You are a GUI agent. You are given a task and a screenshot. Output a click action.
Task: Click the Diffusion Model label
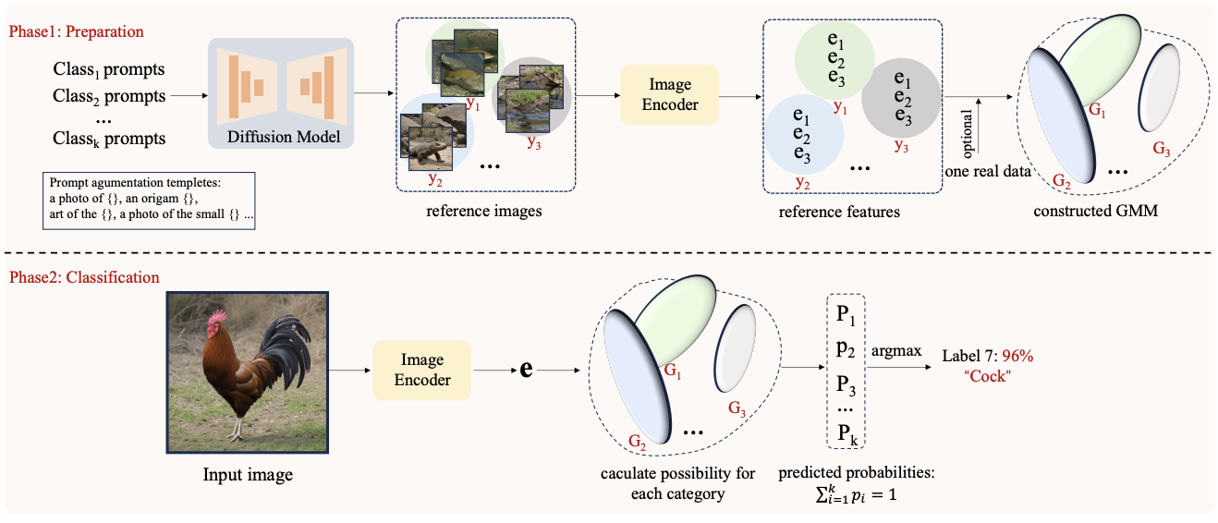(284, 137)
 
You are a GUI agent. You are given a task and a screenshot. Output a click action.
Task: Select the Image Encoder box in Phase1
(669, 95)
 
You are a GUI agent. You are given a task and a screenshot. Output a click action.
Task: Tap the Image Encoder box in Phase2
(422, 371)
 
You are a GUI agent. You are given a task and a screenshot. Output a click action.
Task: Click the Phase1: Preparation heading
(76, 31)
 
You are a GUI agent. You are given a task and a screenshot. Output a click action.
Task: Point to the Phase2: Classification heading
(84, 277)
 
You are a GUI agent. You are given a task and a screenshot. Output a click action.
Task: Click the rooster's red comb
(216, 316)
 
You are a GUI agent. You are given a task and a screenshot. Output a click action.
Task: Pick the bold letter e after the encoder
(526, 369)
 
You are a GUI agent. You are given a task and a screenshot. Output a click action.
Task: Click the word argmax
(896, 351)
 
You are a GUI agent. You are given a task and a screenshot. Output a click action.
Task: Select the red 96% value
(1017, 356)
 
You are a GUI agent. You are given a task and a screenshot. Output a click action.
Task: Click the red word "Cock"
(988, 376)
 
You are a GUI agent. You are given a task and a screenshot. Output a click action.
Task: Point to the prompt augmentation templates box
(149, 201)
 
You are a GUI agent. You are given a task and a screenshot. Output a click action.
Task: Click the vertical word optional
(967, 131)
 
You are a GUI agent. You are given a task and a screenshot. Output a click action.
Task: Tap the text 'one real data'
(988, 172)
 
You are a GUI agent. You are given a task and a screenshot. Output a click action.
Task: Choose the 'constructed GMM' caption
(1095, 211)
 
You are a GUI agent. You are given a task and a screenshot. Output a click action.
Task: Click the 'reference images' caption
(484, 211)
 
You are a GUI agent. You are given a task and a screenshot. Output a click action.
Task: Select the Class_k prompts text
(109, 140)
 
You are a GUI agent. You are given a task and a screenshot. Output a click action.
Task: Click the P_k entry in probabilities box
(847, 433)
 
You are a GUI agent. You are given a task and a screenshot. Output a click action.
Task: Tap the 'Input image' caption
(248, 475)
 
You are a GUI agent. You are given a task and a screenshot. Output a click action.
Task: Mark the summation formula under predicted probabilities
(856, 494)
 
